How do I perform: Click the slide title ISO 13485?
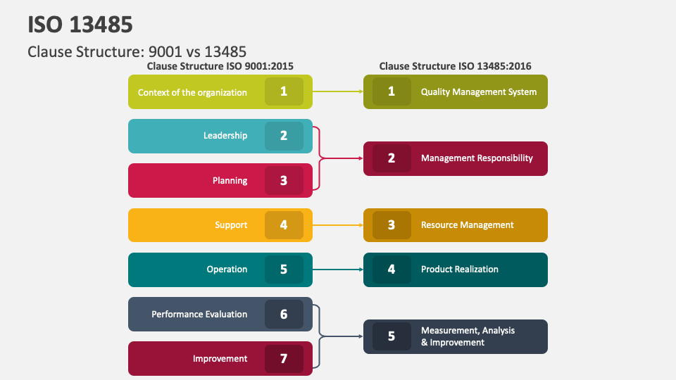click(x=80, y=25)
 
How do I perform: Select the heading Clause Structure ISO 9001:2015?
click(x=220, y=66)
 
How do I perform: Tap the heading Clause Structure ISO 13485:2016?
click(x=455, y=66)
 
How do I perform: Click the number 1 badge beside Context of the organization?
click(x=284, y=91)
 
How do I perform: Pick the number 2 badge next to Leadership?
click(x=284, y=136)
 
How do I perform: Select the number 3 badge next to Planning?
click(x=284, y=181)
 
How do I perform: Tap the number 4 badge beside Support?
click(x=284, y=225)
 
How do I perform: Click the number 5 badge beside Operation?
click(x=284, y=270)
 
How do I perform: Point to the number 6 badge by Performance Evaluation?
click(x=284, y=314)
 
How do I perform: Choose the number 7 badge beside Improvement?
click(x=284, y=359)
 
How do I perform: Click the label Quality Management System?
click(x=478, y=92)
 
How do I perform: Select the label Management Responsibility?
click(x=477, y=158)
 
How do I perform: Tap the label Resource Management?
click(x=467, y=225)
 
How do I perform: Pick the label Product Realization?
click(x=459, y=270)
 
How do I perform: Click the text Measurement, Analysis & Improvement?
click(x=468, y=336)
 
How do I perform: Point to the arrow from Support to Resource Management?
click(x=338, y=225)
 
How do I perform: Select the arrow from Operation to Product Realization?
click(x=338, y=270)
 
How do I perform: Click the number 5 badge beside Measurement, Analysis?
click(x=392, y=336)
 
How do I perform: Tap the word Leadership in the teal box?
click(x=225, y=136)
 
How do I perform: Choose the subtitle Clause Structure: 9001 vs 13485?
click(x=137, y=51)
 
